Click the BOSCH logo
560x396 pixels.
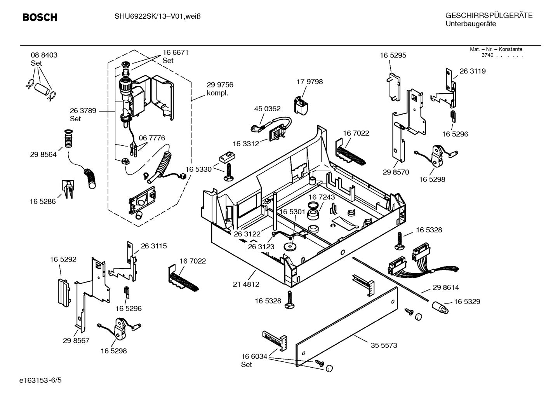[x=40, y=17]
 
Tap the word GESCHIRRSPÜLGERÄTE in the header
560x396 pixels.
[x=489, y=16]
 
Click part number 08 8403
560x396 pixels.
[x=44, y=55]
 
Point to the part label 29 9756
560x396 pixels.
[x=220, y=85]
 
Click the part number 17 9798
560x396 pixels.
[x=310, y=82]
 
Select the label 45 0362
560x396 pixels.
[x=267, y=109]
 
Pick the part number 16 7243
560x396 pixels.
[x=322, y=197]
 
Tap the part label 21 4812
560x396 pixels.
[x=246, y=284]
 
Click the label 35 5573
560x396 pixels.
[x=384, y=345]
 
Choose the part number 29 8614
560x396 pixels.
[x=446, y=288]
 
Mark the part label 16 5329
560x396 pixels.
[x=467, y=302]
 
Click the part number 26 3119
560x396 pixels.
[x=473, y=71]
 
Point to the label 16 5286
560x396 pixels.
[x=43, y=201]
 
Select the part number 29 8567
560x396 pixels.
[x=76, y=340]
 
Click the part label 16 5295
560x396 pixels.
[x=393, y=56]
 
